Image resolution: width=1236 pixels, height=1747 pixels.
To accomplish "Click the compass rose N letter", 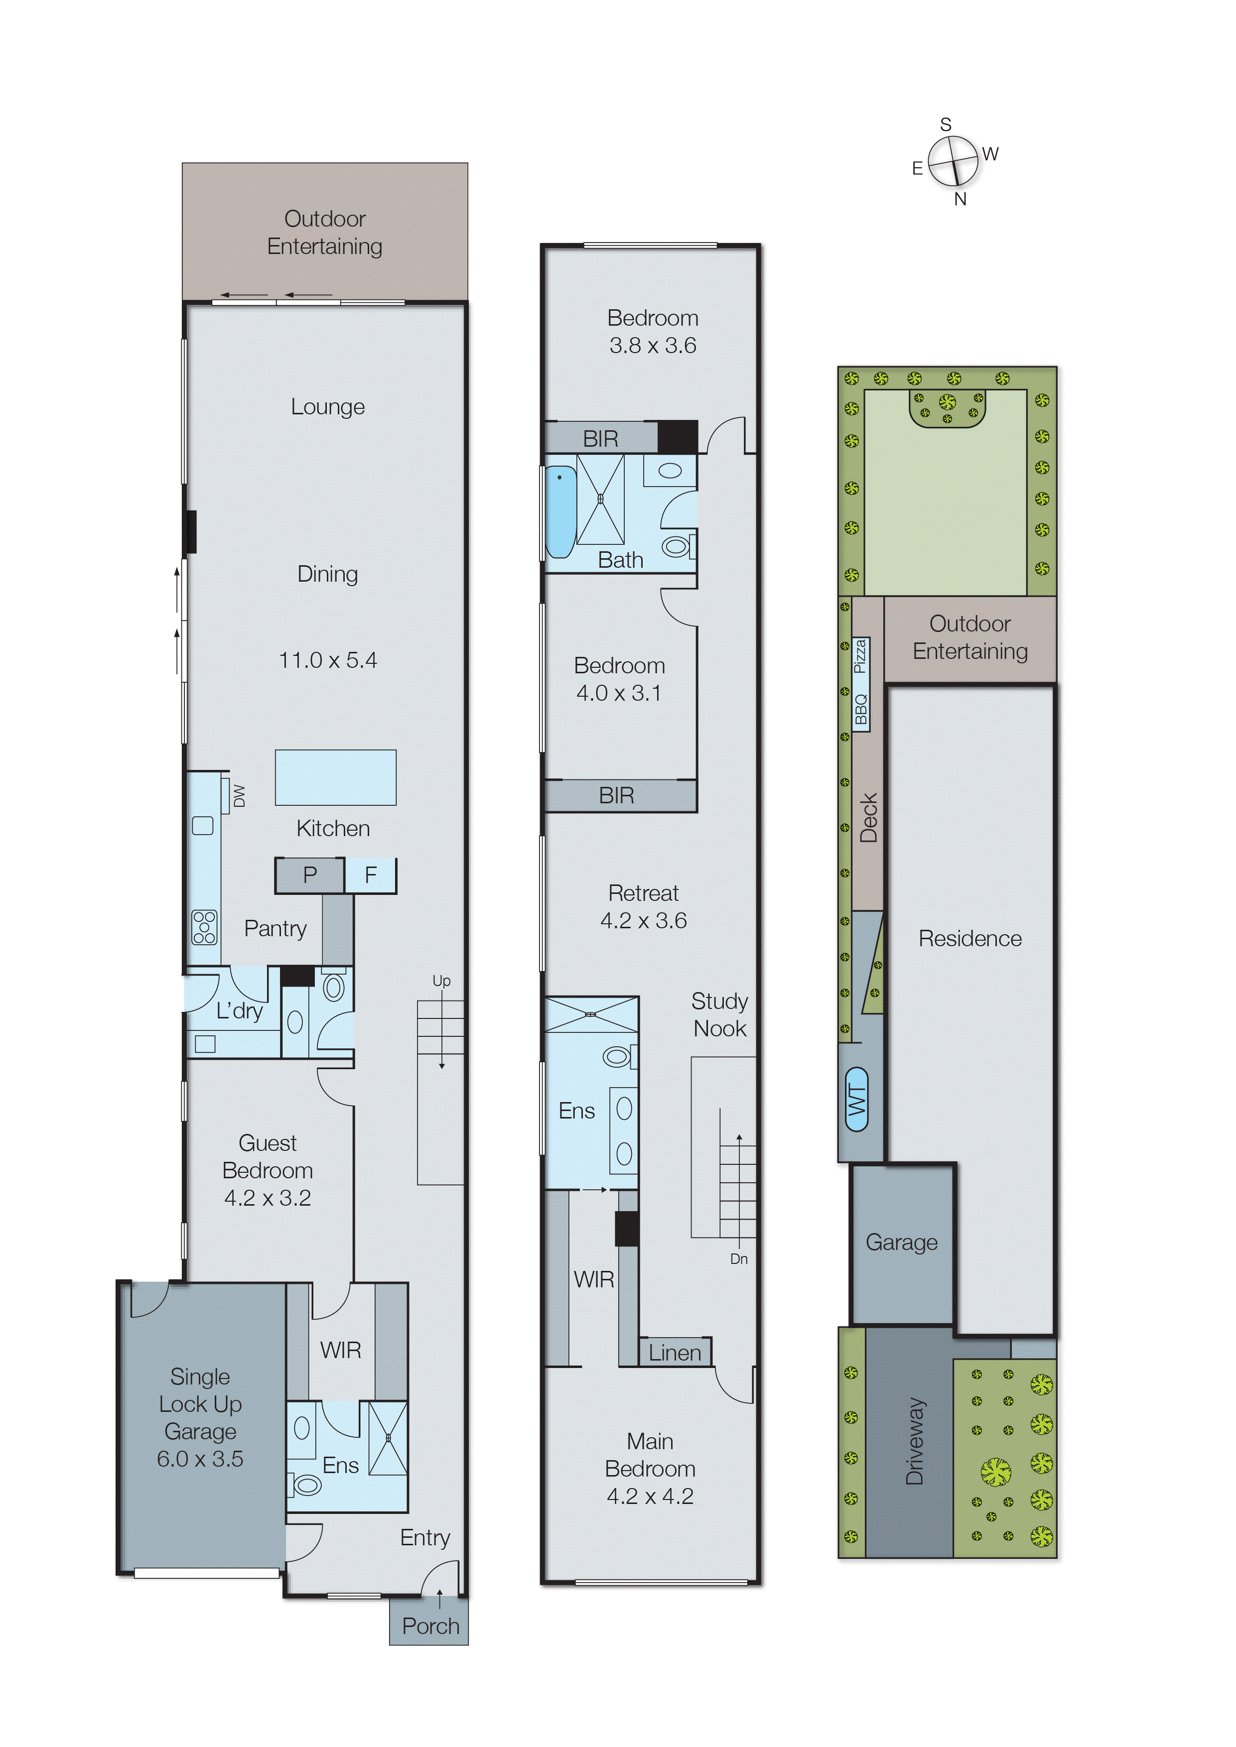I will [961, 199].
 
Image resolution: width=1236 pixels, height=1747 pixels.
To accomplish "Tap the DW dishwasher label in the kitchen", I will [239, 795].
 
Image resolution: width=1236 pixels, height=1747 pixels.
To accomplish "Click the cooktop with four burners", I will [204, 927].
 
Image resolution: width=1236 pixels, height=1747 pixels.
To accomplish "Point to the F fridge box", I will [371, 875].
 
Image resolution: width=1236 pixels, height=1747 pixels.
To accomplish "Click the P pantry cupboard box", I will [310, 875].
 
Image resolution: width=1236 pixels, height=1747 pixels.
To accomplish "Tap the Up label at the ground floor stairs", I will [441, 981].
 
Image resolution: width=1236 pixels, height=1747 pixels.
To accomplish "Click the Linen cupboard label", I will [675, 1353].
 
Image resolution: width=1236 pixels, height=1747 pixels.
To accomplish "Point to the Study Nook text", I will [719, 1015].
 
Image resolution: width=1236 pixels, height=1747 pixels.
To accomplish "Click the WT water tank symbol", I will [857, 1100].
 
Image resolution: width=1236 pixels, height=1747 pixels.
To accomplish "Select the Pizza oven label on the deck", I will [860, 656].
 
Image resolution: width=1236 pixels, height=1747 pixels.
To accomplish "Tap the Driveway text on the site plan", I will [914, 1441].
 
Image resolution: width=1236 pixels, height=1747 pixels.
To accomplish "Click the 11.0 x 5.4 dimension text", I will [327, 660].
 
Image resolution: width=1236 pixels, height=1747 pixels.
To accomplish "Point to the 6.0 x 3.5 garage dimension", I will [200, 1459].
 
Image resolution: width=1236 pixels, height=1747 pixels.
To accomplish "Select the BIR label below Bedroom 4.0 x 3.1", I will [616, 796].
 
